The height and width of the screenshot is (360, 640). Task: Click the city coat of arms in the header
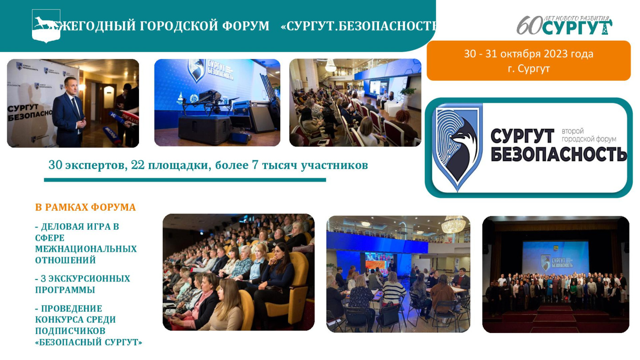[x=46, y=26]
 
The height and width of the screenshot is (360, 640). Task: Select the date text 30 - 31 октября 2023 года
[x=528, y=54]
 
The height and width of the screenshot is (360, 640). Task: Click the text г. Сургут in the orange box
[x=528, y=69]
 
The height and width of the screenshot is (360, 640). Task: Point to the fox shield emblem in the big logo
[x=458, y=146]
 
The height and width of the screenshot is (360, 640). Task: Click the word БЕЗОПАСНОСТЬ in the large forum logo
[x=558, y=154]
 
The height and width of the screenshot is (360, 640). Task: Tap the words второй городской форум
[x=588, y=135]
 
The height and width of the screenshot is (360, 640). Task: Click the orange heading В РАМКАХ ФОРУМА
[x=85, y=207]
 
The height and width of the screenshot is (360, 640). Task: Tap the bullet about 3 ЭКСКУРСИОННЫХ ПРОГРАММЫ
[x=83, y=284]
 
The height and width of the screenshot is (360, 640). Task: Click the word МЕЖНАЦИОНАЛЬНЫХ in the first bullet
[x=86, y=249]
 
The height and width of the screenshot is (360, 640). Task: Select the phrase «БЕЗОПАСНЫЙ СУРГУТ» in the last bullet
[x=89, y=342]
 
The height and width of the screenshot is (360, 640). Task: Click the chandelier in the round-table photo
[x=453, y=224]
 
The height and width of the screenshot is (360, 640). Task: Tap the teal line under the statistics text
[x=185, y=180]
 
